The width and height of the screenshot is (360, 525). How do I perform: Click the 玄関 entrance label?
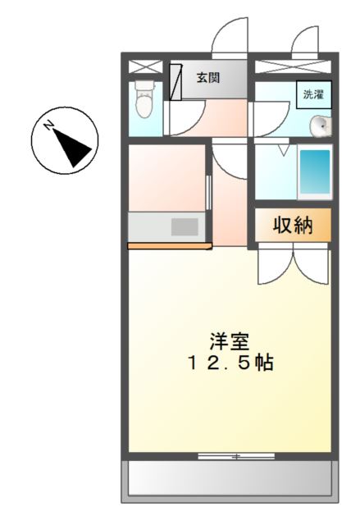tap(207, 79)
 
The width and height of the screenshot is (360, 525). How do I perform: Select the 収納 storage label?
tap(294, 225)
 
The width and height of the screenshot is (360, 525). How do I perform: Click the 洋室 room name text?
tap(223, 340)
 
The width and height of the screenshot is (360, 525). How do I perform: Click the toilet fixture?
tap(144, 100)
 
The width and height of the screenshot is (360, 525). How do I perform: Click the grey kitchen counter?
tap(166, 226)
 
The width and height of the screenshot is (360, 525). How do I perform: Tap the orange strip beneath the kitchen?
tap(166, 245)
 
